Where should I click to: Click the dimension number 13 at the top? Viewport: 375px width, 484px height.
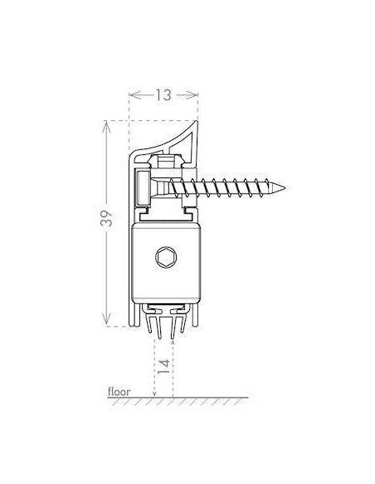coord(163,95)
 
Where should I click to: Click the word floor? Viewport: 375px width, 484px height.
coord(119,390)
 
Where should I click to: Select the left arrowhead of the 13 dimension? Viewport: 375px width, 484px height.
coord(134,95)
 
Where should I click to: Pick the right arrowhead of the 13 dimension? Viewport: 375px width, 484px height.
coord(194,95)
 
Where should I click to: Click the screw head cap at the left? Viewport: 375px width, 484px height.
coord(144,188)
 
